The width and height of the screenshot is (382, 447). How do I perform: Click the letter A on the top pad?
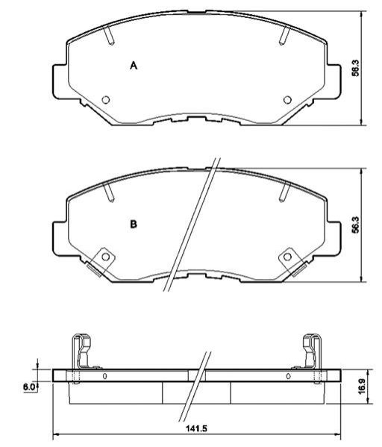pos(134,66)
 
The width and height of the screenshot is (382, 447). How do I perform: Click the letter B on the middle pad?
pos(134,224)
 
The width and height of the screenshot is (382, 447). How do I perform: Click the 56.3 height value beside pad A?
pos(355,68)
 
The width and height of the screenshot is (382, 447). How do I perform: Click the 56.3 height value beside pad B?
pos(355,225)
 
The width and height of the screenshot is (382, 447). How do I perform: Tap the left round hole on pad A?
pos(106,100)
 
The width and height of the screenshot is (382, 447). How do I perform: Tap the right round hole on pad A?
pos(287,100)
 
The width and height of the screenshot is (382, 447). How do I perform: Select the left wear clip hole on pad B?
pos(105,257)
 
